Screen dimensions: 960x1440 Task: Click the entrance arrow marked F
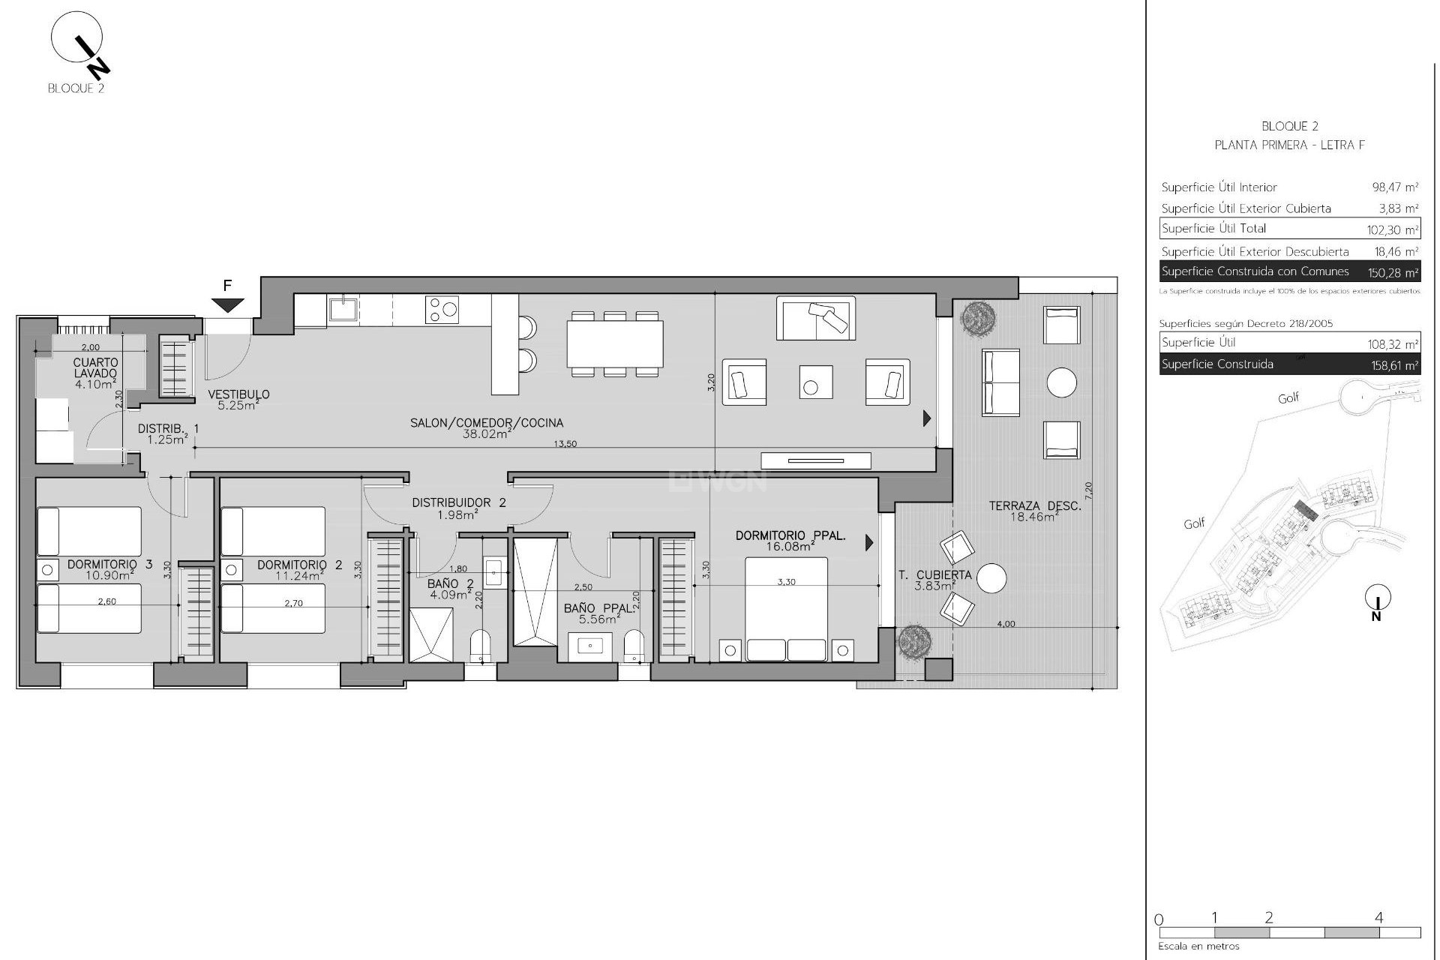click(227, 304)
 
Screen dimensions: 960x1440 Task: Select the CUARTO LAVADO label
click(96, 368)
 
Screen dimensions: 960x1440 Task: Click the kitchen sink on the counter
click(343, 308)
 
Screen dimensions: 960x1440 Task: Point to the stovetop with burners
click(442, 309)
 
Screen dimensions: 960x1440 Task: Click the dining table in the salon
click(615, 343)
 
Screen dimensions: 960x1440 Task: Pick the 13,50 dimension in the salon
click(565, 444)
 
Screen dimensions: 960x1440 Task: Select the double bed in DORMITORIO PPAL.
click(786, 609)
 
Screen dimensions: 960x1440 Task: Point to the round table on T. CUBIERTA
click(991, 578)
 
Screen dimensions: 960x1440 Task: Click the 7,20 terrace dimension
click(1089, 490)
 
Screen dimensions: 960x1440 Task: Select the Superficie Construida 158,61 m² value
click(1391, 366)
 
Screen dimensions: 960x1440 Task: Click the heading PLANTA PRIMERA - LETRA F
click(1289, 145)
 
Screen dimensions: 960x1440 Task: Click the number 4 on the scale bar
click(1378, 917)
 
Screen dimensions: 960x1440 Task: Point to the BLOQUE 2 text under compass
click(76, 88)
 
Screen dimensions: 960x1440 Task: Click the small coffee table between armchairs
click(815, 382)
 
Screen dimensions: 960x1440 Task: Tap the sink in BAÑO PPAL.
click(589, 646)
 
